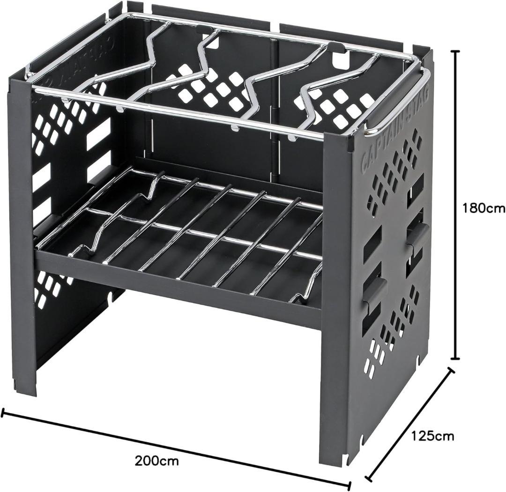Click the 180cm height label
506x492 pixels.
483,209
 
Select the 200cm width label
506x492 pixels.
156,461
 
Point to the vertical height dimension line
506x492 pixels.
456,205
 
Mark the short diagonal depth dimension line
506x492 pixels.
410,421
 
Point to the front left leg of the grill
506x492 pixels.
22,226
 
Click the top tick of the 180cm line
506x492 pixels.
456,51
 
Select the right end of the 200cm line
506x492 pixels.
350,486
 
